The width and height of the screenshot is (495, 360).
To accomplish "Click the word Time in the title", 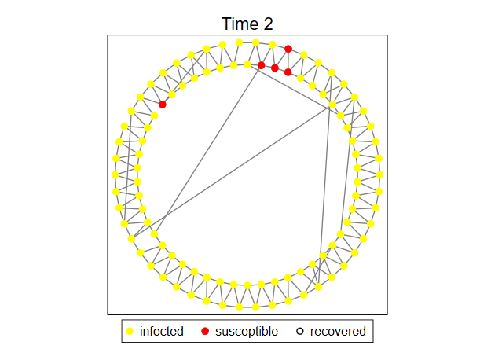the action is point(239,24).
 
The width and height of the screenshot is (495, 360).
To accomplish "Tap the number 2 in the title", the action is point(268,24).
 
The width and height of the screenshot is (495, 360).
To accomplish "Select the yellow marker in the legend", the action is point(130,331).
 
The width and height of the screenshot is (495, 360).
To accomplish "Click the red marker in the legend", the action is point(205,331).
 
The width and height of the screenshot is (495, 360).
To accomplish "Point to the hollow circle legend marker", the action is point(300,331).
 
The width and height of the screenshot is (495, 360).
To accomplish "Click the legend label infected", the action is point(162,331).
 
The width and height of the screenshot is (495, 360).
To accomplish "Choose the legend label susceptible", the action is point(247,331).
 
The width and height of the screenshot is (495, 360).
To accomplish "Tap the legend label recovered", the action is point(338,331).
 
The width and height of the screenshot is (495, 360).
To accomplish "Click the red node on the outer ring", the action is point(288,49).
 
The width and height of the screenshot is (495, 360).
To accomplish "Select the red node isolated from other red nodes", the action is point(163,105).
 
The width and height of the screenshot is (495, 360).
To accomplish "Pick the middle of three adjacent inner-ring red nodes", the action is point(275,68).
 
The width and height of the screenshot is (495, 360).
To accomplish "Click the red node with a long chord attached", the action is point(261,65).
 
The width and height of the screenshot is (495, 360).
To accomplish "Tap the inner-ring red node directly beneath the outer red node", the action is point(288,72).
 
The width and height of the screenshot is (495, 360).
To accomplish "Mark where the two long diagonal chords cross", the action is point(166,215).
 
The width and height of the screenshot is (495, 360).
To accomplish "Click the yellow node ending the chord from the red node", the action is point(154,234).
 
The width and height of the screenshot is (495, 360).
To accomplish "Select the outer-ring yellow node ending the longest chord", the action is point(132,239).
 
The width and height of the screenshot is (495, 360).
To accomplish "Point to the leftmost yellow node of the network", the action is point(115,174).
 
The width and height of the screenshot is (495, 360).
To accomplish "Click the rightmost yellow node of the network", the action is point(379,174).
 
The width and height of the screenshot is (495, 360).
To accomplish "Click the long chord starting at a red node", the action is point(207,150).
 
